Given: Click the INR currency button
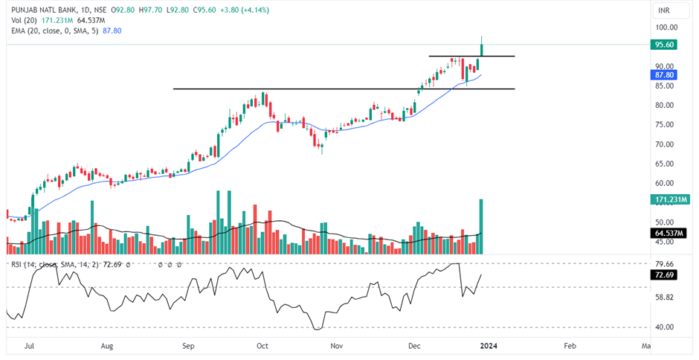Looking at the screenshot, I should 663,10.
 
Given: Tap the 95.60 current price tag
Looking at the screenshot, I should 663,45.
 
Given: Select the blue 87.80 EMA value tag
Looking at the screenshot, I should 663,74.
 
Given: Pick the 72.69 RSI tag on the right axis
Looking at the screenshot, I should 663,275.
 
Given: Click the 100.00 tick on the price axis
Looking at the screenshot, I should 665,27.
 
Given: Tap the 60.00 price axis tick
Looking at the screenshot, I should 663,184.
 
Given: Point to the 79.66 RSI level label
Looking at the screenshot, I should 663,263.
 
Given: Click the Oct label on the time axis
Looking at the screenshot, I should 262,346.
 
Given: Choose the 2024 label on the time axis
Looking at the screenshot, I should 489,346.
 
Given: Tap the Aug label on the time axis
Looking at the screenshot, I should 108,346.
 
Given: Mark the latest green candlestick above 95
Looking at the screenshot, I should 482,50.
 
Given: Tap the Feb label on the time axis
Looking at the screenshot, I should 570,346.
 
